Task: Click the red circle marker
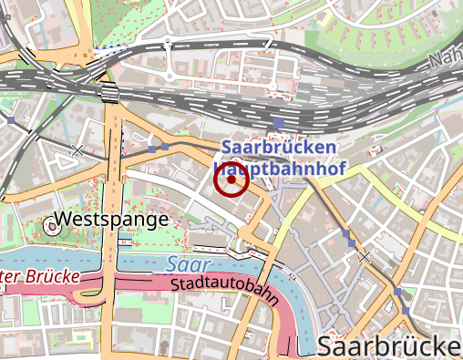click(231, 180)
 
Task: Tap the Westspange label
click(111, 220)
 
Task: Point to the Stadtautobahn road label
click(223, 290)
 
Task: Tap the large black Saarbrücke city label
click(389, 345)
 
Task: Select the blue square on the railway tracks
click(278, 122)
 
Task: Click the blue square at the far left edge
click(11, 119)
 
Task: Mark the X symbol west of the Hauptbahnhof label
click(77, 149)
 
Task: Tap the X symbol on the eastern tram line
click(365, 258)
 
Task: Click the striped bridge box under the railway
click(109, 92)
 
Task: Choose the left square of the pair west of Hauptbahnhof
click(152, 149)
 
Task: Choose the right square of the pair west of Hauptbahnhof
click(165, 146)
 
